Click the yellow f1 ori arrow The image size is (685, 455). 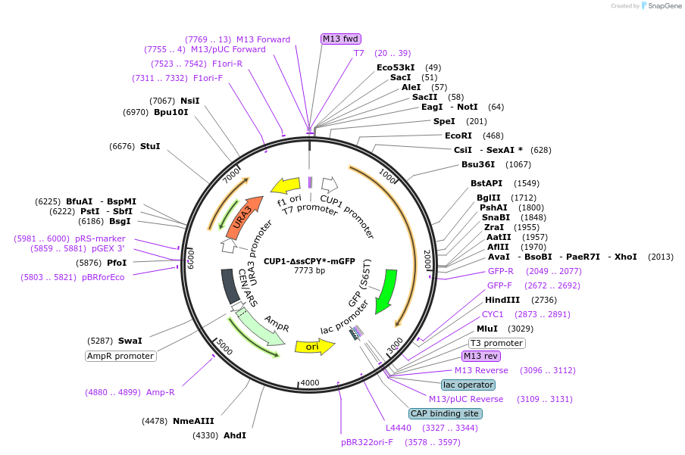(286, 185)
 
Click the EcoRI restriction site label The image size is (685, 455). (458, 136)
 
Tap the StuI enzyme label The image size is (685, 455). (150, 146)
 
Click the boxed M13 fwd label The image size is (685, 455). (341, 39)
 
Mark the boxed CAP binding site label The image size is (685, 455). (445, 413)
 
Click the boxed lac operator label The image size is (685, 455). (468, 385)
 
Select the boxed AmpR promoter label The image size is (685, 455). (120, 356)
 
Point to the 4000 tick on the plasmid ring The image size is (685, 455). (310, 382)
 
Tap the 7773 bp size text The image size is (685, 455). (309, 270)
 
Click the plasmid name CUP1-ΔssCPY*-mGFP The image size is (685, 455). (309, 261)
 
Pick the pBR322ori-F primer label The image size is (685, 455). (367, 442)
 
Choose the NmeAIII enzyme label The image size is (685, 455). (193, 421)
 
